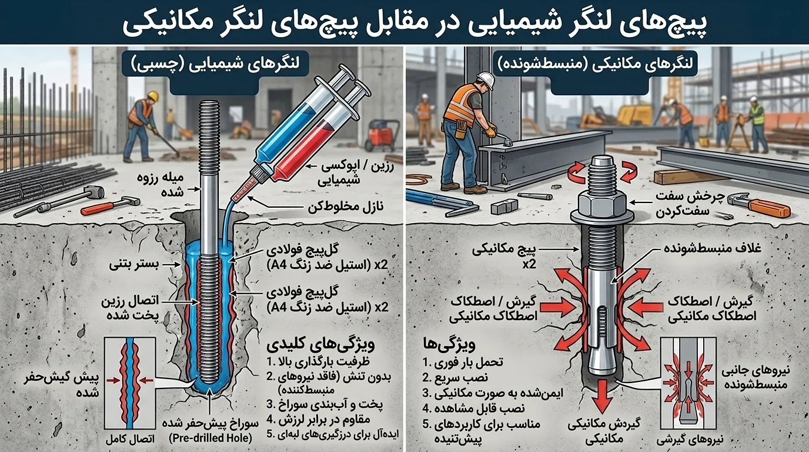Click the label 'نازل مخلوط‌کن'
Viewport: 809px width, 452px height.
tap(346, 207)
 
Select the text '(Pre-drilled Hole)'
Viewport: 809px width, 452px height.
tap(210, 438)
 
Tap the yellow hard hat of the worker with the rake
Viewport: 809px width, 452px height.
tap(153, 95)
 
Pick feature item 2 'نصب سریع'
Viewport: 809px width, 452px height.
tap(456, 377)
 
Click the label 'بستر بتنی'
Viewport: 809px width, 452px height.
tap(134, 265)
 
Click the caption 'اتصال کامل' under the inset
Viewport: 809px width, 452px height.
tap(130, 439)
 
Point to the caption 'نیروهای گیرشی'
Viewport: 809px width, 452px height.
tap(690, 440)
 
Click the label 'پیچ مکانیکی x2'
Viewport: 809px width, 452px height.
tap(504, 257)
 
